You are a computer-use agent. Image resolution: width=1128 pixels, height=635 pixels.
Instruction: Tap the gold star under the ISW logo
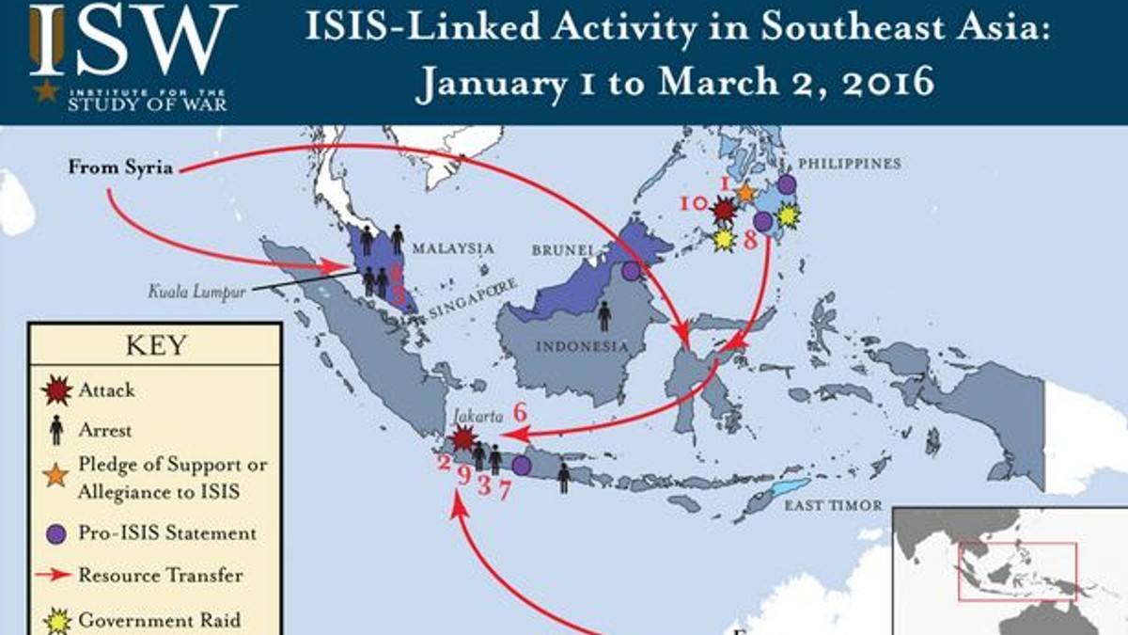[x=45, y=92]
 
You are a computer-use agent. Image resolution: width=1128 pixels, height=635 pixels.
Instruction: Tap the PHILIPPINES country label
[x=852, y=164]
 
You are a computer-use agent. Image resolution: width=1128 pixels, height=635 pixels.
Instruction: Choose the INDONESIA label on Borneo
[x=582, y=346]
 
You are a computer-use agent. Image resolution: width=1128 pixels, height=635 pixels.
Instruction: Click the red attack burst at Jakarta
[x=463, y=438]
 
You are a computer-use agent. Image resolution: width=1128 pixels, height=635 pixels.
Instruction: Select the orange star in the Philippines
[x=744, y=192]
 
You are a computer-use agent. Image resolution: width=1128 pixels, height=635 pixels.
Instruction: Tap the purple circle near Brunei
[x=631, y=271]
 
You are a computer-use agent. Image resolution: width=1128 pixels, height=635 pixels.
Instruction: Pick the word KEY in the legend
[x=155, y=345]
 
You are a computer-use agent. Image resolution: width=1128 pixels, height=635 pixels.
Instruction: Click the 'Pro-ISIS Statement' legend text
[x=167, y=532]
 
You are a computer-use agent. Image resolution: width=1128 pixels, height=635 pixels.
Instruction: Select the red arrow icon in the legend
[x=56, y=575]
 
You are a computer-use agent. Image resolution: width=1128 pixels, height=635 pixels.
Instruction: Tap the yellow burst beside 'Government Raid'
[x=56, y=619]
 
